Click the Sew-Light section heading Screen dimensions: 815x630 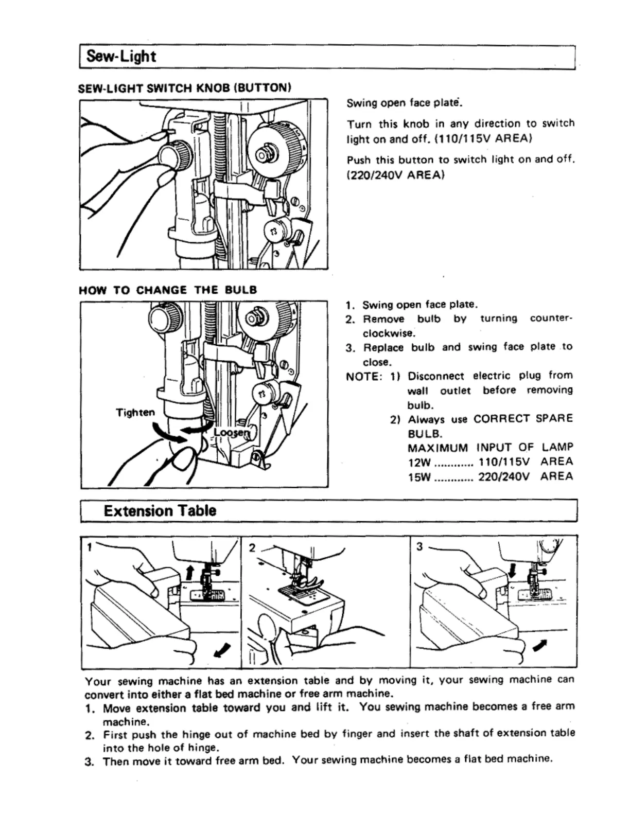tap(121, 56)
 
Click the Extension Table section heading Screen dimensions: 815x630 tap(160, 511)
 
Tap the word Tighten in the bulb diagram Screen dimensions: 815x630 tap(135, 413)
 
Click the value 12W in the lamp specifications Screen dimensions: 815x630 tap(419, 462)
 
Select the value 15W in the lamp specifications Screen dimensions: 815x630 tap(419, 476)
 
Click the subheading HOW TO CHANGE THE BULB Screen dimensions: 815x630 tap(168, 290)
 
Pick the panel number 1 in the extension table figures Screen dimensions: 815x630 tap(90, 547)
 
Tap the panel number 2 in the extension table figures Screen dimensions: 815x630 tap(252, 547)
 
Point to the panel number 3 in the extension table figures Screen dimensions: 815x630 tap(419, 546)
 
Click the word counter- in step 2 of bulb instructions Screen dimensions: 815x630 tap(551, 318)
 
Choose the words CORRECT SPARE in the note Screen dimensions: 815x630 tap(523, 418)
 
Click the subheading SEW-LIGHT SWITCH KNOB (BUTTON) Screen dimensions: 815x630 tap(185, 87)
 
